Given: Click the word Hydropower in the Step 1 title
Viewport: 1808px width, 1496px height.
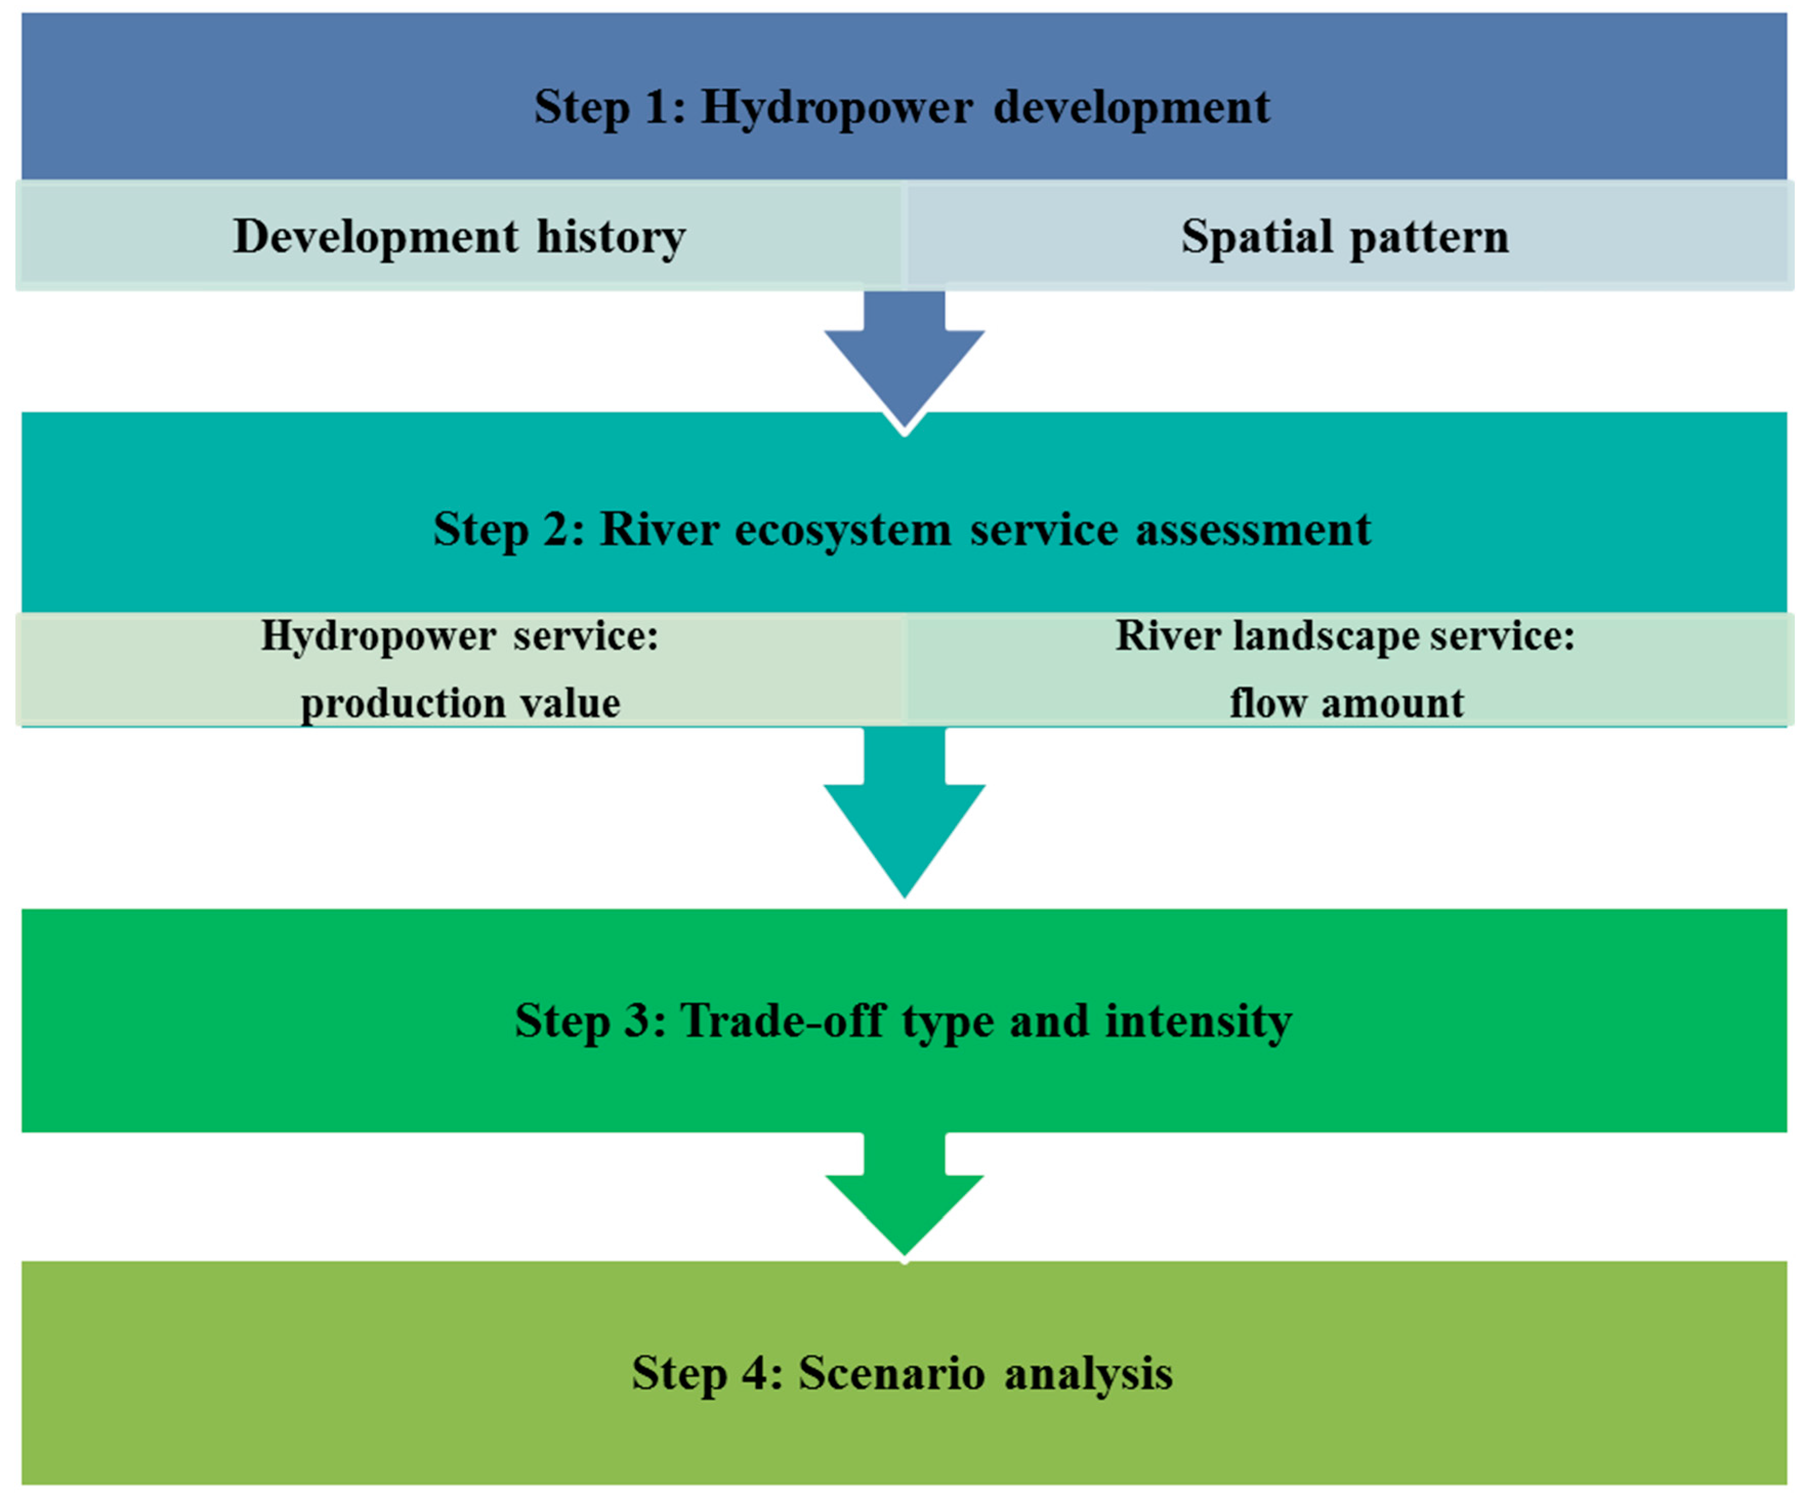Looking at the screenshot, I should (837, 109).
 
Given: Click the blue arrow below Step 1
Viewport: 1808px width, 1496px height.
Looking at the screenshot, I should (904, 362).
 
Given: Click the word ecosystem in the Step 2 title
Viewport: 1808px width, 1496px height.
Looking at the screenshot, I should (843, 530).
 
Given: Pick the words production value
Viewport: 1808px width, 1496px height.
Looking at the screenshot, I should (460, 703).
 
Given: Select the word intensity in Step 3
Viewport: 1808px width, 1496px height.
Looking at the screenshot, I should (1199, 1022).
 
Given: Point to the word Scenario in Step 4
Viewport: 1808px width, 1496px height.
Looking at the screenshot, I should (892, 1373).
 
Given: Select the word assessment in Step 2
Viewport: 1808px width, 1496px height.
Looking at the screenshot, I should (1253, 530).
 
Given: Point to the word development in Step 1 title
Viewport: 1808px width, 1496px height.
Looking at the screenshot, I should (1131, 109).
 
